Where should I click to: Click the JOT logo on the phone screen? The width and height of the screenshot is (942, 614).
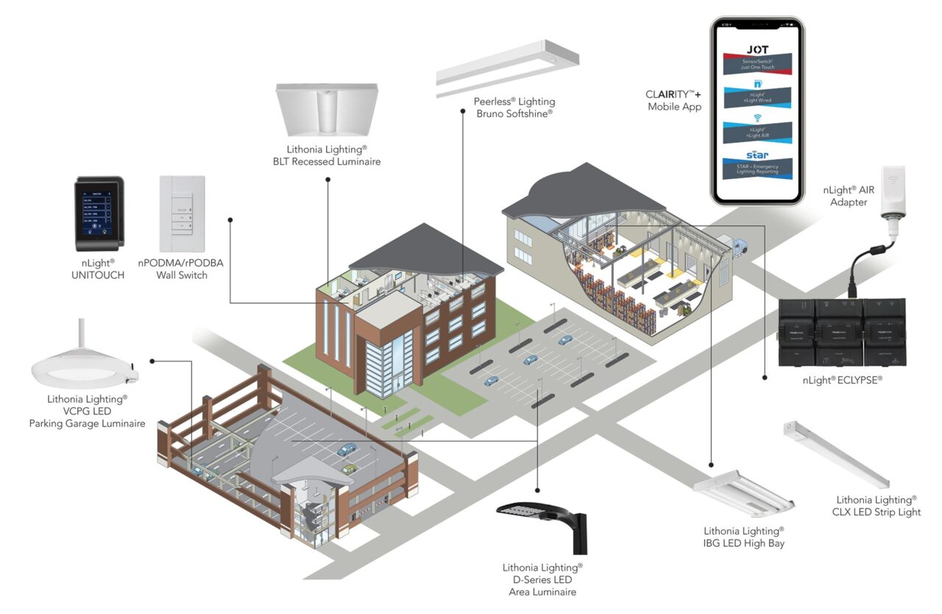pyautogui.click(x=756, y=50)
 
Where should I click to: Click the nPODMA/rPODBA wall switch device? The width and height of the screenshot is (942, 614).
pyautogui.click(x=182, y=214)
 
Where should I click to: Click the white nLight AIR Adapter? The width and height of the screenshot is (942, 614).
pyautogui.click(x=893, y=192)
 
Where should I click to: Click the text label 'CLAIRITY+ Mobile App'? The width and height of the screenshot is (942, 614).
pyautogui.click(x=674, y=101)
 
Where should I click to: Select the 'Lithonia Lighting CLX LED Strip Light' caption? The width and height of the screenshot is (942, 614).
pyautogui.click(x=878, y=506)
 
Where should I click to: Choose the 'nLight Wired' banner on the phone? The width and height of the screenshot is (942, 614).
pyautogui.click(x=756, y=96)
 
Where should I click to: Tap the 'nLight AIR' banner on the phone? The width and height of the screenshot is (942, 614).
pyautogui.click(x=756, y=130)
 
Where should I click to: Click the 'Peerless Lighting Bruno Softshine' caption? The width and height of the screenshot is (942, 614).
pyautogui.click(x=514, y=107)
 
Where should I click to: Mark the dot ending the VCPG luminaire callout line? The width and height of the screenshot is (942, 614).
pyautogui.click(x=152, y=361)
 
